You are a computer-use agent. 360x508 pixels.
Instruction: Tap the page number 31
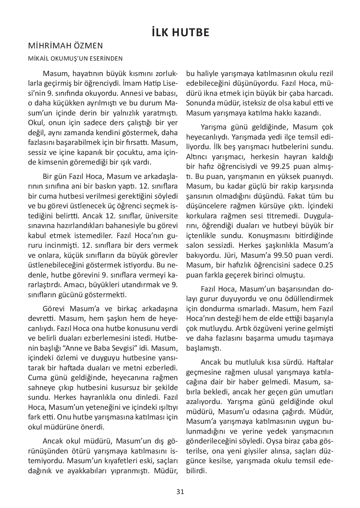(180, 492)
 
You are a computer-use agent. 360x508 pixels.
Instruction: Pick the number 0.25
(326, 265)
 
